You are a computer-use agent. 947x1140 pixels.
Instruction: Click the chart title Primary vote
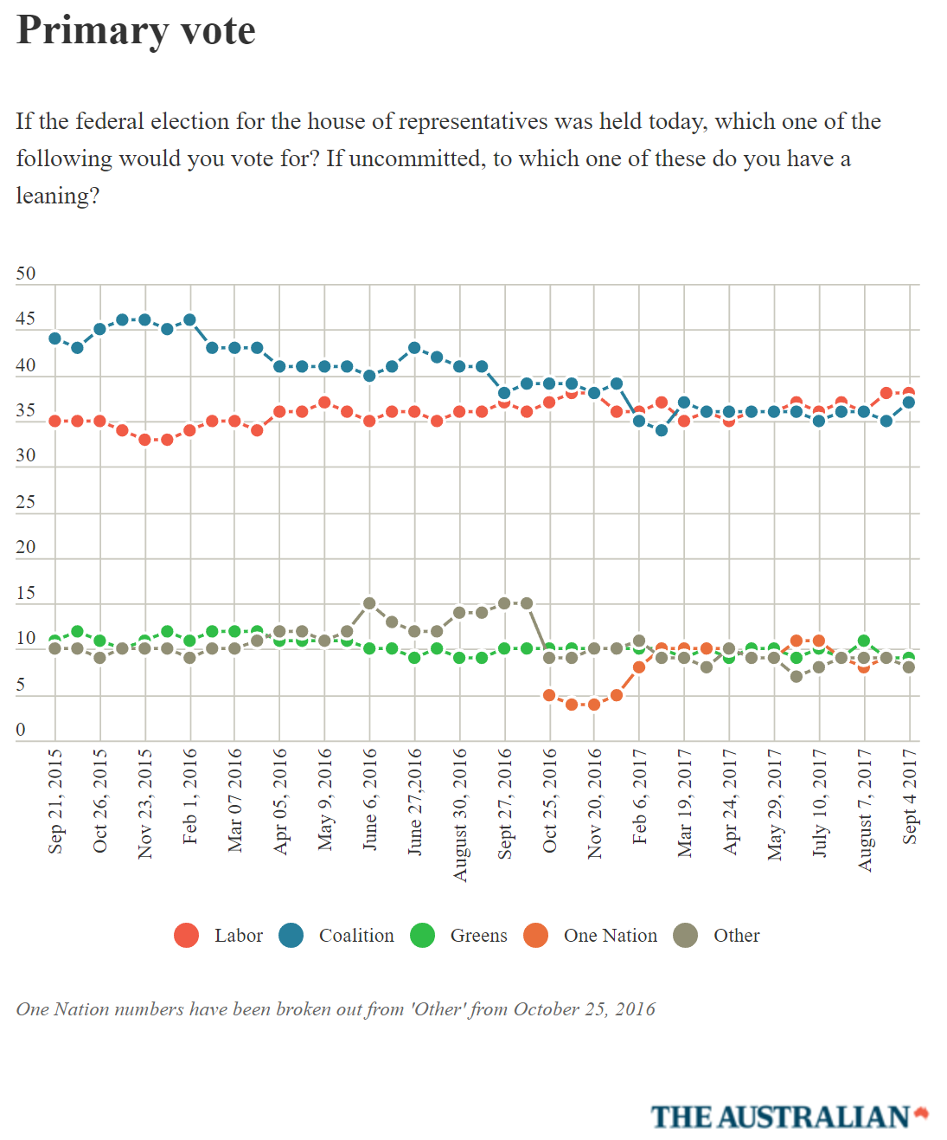[136, 31]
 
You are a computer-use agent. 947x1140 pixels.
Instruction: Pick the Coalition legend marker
[291, 936]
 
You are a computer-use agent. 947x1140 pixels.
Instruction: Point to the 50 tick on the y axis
[26, 274]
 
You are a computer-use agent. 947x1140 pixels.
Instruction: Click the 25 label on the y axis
[26, 502]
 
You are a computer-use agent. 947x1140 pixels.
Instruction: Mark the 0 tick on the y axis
[21, 730]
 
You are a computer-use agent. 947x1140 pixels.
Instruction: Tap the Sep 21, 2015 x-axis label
[55, 801]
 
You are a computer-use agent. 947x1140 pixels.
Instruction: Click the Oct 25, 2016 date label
[550, 801]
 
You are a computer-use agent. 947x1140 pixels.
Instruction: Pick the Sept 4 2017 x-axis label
[910, 796]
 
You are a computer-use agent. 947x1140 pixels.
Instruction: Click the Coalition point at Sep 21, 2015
[55, 338]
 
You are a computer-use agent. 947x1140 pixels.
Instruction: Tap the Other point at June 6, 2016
[369, 603]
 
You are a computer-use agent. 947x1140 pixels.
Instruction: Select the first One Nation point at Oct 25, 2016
[549, 695]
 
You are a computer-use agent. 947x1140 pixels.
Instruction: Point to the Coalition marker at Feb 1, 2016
[189, 320]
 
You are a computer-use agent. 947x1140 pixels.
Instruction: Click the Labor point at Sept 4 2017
[909, 393]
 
